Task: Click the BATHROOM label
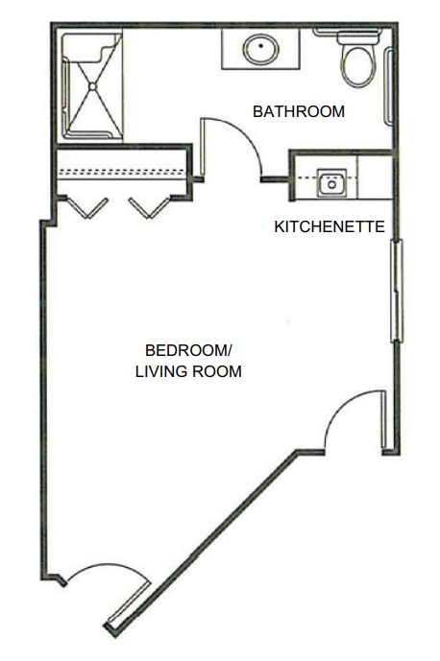299,111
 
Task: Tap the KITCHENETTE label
330,226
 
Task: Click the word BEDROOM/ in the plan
188,350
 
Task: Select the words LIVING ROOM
188,371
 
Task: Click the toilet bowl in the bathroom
358,66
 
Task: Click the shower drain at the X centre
92,86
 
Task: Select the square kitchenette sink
331,183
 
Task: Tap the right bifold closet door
151,207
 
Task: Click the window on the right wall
397,291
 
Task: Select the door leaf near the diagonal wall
129,602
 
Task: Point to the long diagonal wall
201,544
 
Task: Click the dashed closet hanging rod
122,172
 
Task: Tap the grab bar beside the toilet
387,86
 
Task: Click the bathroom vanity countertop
261,49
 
